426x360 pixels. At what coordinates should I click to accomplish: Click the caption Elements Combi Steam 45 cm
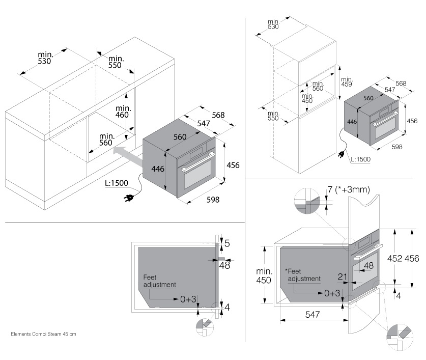(x=43, y=335)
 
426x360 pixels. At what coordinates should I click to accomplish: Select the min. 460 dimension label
(x=123, y=112)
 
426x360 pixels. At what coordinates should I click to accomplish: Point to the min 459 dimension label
(x=347, y=82)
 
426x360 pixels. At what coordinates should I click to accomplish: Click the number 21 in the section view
(x=342, y=276)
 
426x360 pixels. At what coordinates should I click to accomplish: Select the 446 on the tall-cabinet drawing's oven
(x=351, y=122)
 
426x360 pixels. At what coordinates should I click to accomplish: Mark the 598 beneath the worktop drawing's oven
(x=213, y=200)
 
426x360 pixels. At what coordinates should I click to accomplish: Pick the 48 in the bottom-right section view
(x=369, y=265)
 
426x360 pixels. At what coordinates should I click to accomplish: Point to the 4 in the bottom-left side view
(x=227, y=307)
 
